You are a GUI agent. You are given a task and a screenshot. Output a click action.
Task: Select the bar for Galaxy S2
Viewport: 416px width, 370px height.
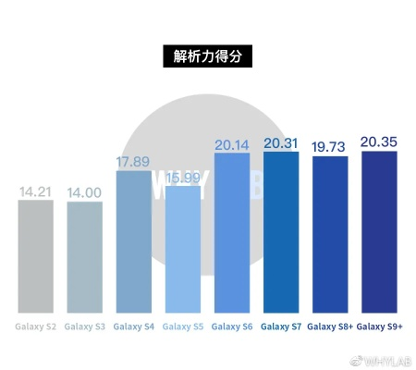pos(36,256)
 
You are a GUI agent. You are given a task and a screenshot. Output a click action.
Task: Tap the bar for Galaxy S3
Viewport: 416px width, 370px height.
pos(85,257)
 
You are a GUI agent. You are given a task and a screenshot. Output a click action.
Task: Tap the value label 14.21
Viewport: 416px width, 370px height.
pos(36,191)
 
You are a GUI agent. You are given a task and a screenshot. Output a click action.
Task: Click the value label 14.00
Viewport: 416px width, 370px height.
pos(85,192)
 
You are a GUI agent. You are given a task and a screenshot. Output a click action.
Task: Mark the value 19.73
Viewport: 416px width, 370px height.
pos(330,147)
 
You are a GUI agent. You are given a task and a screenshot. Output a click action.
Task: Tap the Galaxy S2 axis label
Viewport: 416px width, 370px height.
pos(36,327)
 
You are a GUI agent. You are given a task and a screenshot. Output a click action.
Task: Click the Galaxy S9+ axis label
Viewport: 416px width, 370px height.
pos(379,327)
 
